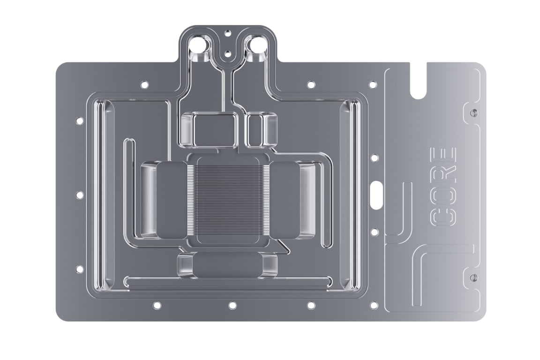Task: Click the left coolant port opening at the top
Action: pos(201,46)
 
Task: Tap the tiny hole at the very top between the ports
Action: pos(227,33)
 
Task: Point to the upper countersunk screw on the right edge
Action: pos(473,112)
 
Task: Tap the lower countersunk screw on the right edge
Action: pos(473,277)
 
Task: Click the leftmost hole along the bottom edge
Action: pos(157,305)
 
